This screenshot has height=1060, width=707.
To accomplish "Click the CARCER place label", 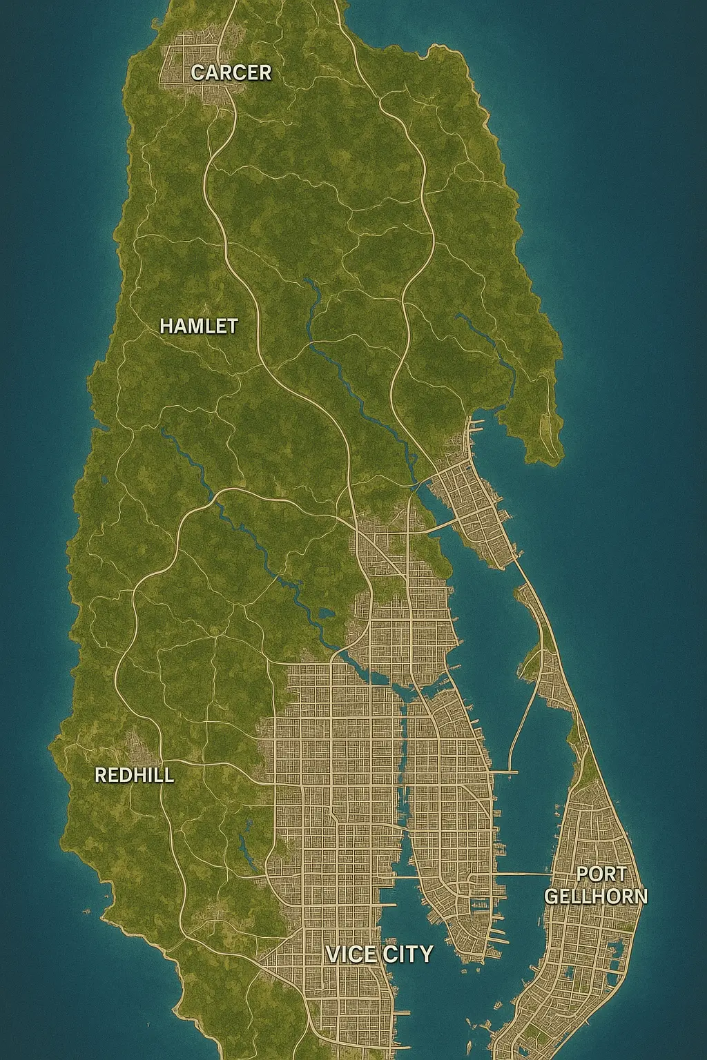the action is pyautogui.click(x=231, y=72).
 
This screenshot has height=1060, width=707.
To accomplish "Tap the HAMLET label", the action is pyautogui.click(x=198, y=326).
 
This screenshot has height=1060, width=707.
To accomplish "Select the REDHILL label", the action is pyautogui.click(x=134, y=775).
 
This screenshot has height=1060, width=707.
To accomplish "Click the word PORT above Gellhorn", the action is pyautogui.click(x=601, y=874).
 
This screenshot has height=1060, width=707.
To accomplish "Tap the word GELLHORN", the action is pyautogui.click(x=596, y=896).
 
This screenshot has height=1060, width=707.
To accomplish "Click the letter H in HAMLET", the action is pyautogui.click(x=166, y=326).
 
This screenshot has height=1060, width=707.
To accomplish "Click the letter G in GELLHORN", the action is pyautogui.click(x=552, y=896).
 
